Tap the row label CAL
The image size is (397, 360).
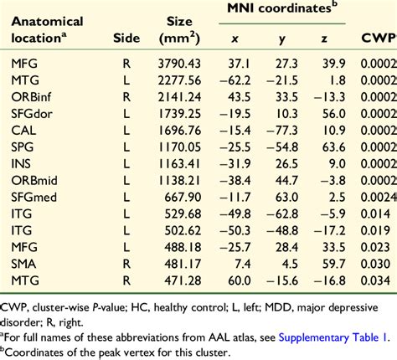coord(23,131)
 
